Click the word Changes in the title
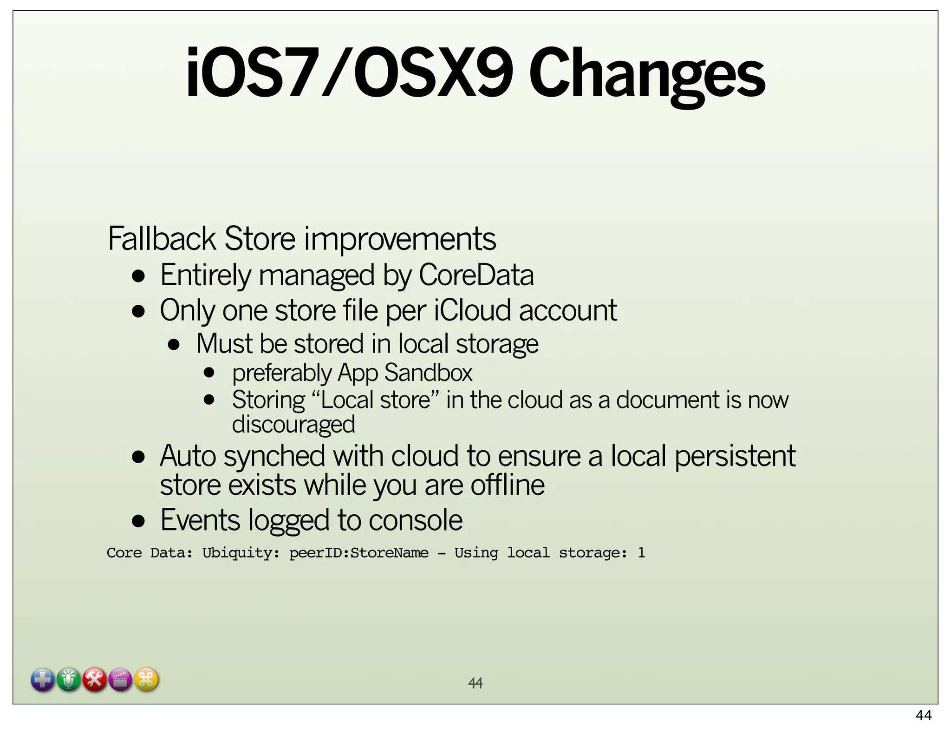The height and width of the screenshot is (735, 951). pos(646,74)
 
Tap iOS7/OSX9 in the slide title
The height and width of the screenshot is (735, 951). pos(349,73)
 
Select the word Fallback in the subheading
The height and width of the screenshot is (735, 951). pos(162,239)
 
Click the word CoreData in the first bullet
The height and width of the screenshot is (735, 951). pos(476,275)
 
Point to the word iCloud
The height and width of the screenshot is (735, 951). pos(472,310)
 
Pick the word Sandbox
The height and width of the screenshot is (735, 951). pos(428,373)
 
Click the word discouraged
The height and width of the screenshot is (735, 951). pos(293,425)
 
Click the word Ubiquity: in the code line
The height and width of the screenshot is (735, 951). pos(241,553)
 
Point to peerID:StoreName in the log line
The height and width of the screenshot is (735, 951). pos(359,553)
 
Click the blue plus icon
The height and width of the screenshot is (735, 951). pos(43,680)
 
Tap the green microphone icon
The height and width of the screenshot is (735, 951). pos(69,680)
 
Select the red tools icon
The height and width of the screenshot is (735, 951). pos(95,680)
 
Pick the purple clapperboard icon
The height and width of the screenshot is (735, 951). pos(121,680)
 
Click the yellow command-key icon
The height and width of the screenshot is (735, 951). pos(146,680)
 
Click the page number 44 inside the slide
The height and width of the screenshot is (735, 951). pos(475,683)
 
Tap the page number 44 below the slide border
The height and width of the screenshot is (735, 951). pos(924,715)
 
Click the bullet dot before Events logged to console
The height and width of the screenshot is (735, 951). pos(138,521)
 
